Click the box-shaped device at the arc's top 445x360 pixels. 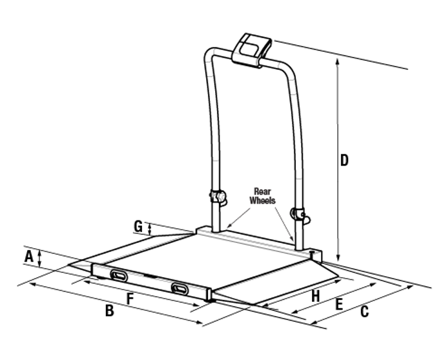pyautogui.click(x=253, y=48)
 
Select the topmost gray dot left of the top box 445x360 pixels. pyautogui.click(x=217, y=50)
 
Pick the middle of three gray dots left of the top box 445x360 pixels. pyautogui.click(x=208, y=62)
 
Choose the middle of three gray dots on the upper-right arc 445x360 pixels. pyautogui.click(x=292, y=81)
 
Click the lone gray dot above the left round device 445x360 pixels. pyautogui.click(x=216, y=160)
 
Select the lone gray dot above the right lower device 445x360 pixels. pyautogui.click(x=298, y=178)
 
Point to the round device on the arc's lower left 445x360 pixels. pyautogui.click(x=220, y=196)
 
